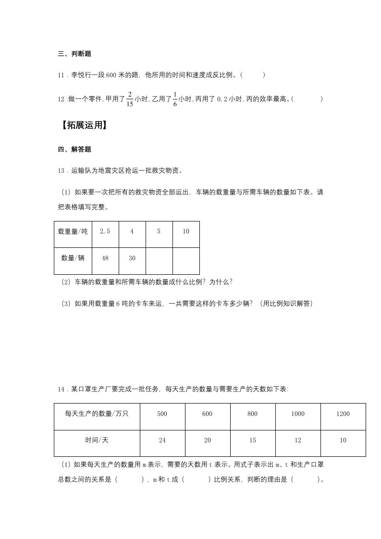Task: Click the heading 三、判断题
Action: coord(74,54)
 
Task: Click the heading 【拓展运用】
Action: coord(82,125)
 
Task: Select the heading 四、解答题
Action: coord(74,149)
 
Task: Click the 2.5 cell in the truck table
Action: coord(105,231)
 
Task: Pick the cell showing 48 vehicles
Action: coord(105,258)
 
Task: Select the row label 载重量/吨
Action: coord(73,231)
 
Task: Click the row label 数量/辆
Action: coord(73,258)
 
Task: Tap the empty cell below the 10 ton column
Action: coord(186,261)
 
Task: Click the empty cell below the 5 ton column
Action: coord(159,261)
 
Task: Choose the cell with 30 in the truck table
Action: coord(132,258)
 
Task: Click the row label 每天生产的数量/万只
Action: coord(97,414)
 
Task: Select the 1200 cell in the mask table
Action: coord(343,414)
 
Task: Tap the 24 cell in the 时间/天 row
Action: coord(162,441)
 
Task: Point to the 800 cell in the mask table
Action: coord(253,414)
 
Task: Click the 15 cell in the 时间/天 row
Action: coord(253,441)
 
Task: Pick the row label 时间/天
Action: coord(97,441)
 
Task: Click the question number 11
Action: coord(61,75)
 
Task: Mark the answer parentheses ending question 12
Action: coord(307,99)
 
